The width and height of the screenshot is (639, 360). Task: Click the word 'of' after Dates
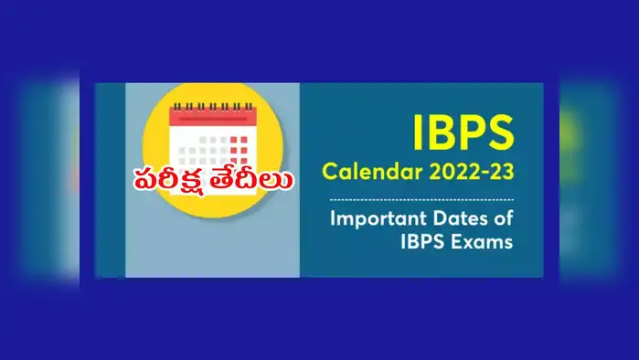click(503, 220)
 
